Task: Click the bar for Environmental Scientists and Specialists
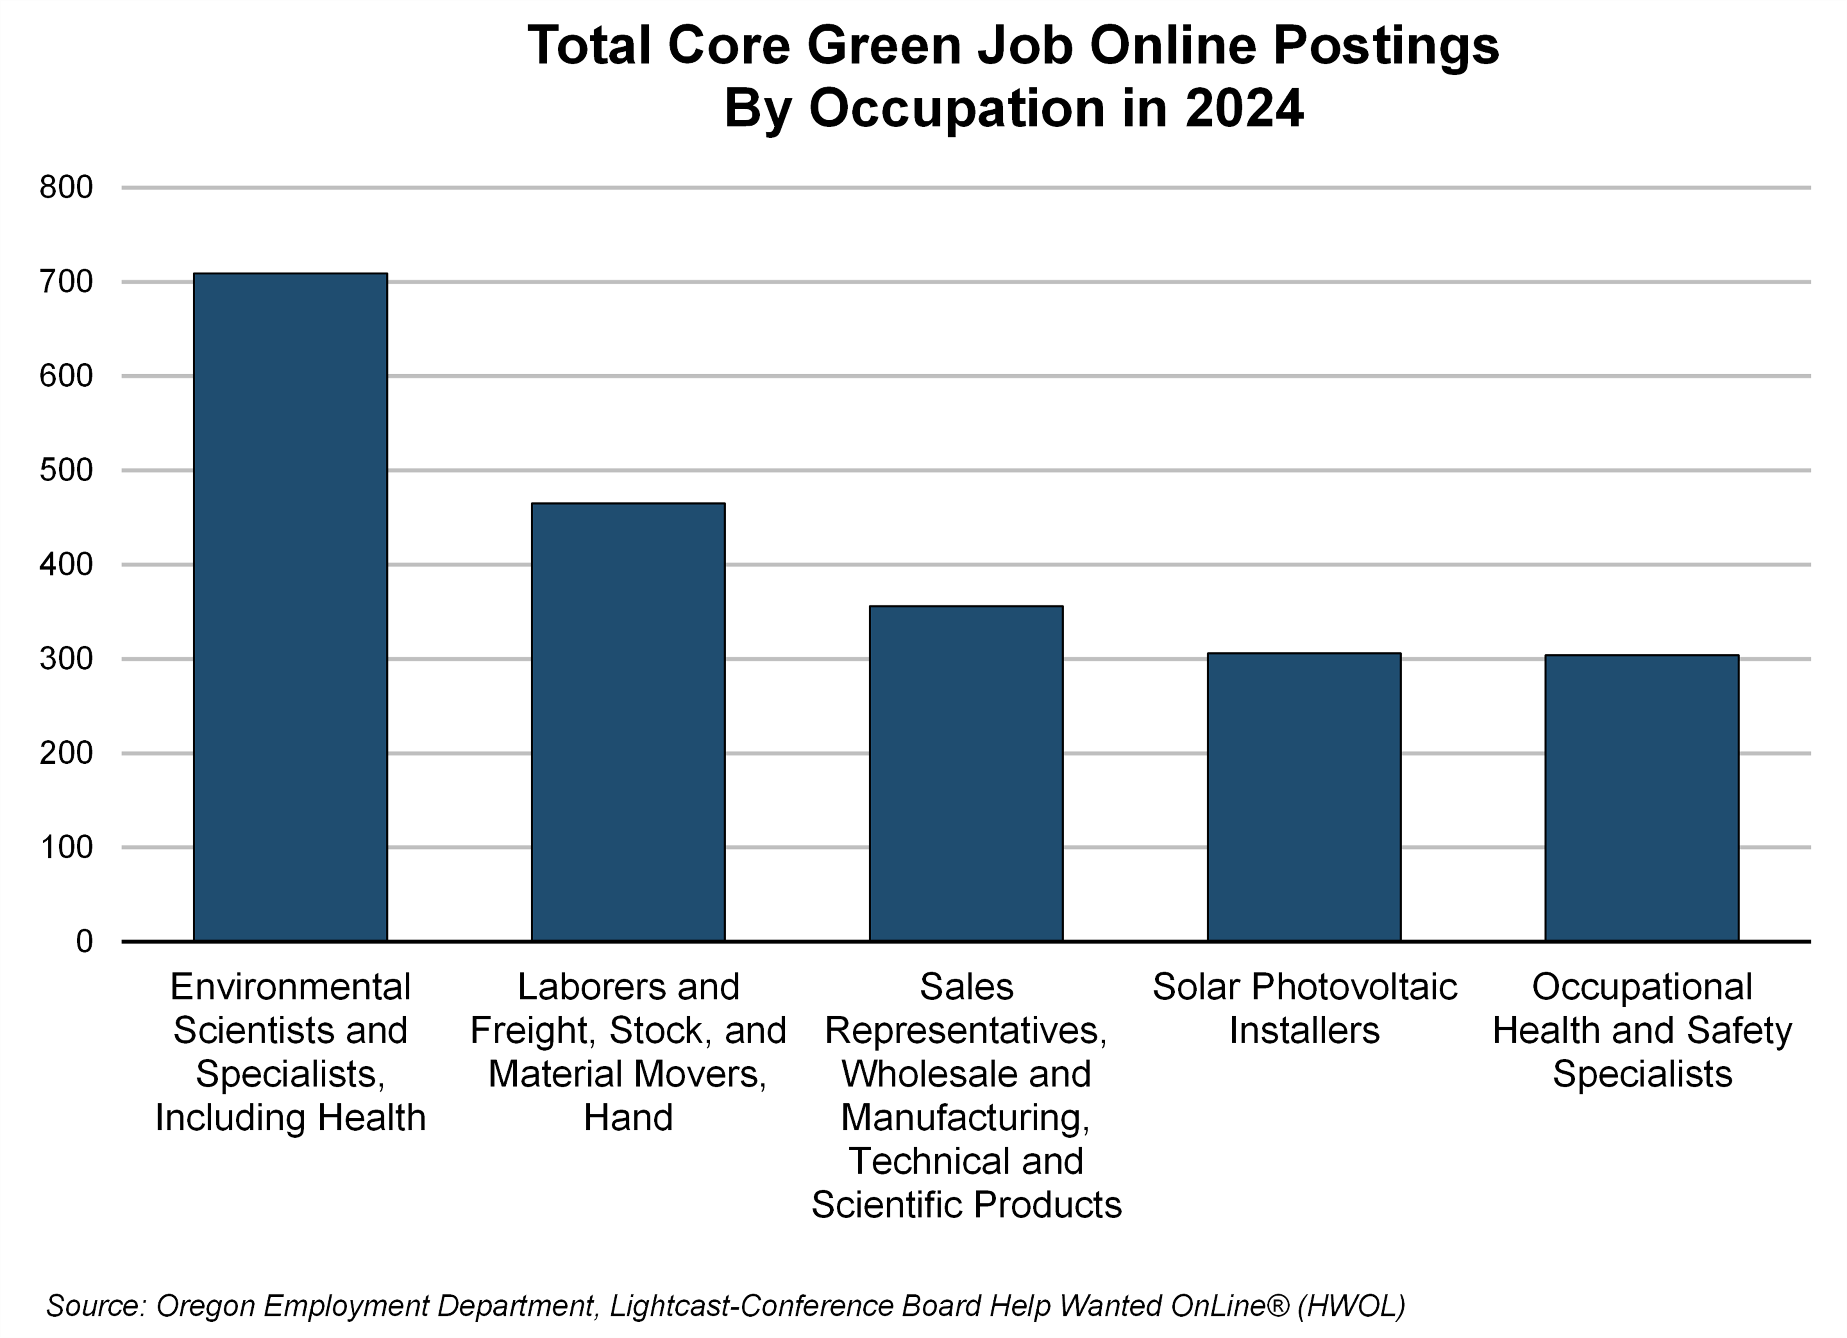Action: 290,607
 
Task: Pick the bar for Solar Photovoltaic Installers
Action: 1304,797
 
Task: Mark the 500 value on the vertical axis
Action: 67,471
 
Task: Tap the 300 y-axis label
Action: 67,659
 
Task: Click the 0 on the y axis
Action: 85,941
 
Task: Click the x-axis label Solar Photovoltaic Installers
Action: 1304,1008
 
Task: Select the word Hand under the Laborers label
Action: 628,1117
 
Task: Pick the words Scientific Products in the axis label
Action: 966,1205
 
